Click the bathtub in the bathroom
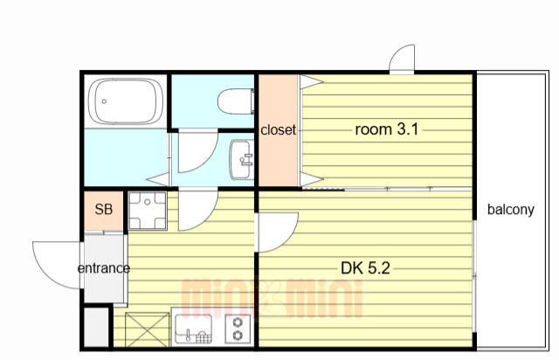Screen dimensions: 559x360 pos(126,101)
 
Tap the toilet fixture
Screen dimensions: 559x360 pos(236,101)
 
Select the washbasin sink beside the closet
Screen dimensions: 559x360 pos(242,159)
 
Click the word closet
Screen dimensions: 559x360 pos(279,130)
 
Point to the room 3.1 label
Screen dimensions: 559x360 pos(387,129)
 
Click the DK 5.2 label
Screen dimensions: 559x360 pos(365,268)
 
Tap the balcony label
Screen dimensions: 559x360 pos(510,210)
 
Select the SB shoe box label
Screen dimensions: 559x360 pos(104,210)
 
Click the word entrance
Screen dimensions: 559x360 pos(104,268)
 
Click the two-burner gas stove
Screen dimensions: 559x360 pos(238,329)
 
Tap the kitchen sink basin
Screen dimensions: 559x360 pos(193,329)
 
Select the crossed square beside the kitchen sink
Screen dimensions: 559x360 pos(148,329)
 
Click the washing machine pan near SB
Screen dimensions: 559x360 pos(148,211)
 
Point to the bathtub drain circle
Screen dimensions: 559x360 pos(104,101)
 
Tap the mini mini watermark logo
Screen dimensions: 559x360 pos(272,299)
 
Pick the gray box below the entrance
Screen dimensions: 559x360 pos(96,327)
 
